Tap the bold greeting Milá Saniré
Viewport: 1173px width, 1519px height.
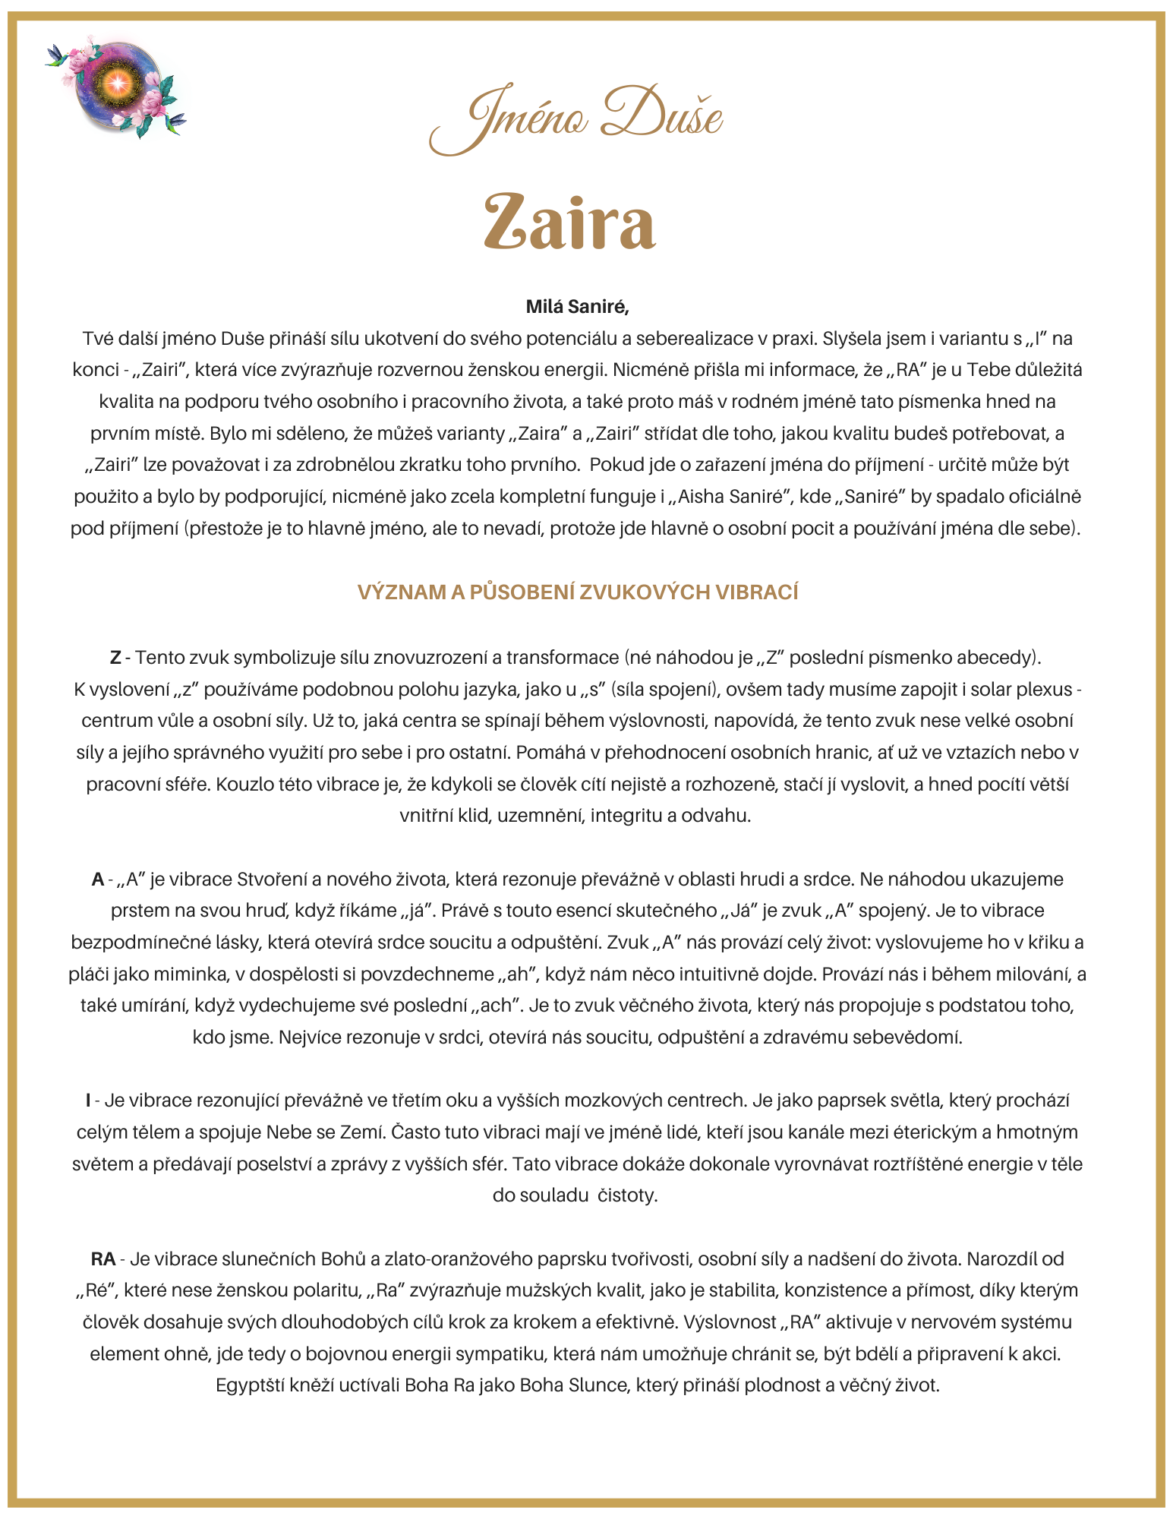pos(578,307)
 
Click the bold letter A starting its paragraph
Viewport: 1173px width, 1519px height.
pos(98,880)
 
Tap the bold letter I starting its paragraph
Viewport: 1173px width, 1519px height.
pos(88,1101)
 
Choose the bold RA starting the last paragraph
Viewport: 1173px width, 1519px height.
pos(102,1259)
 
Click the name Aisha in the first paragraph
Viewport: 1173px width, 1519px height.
pos(699,497)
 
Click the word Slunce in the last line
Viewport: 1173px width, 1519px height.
pos(600,1385)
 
